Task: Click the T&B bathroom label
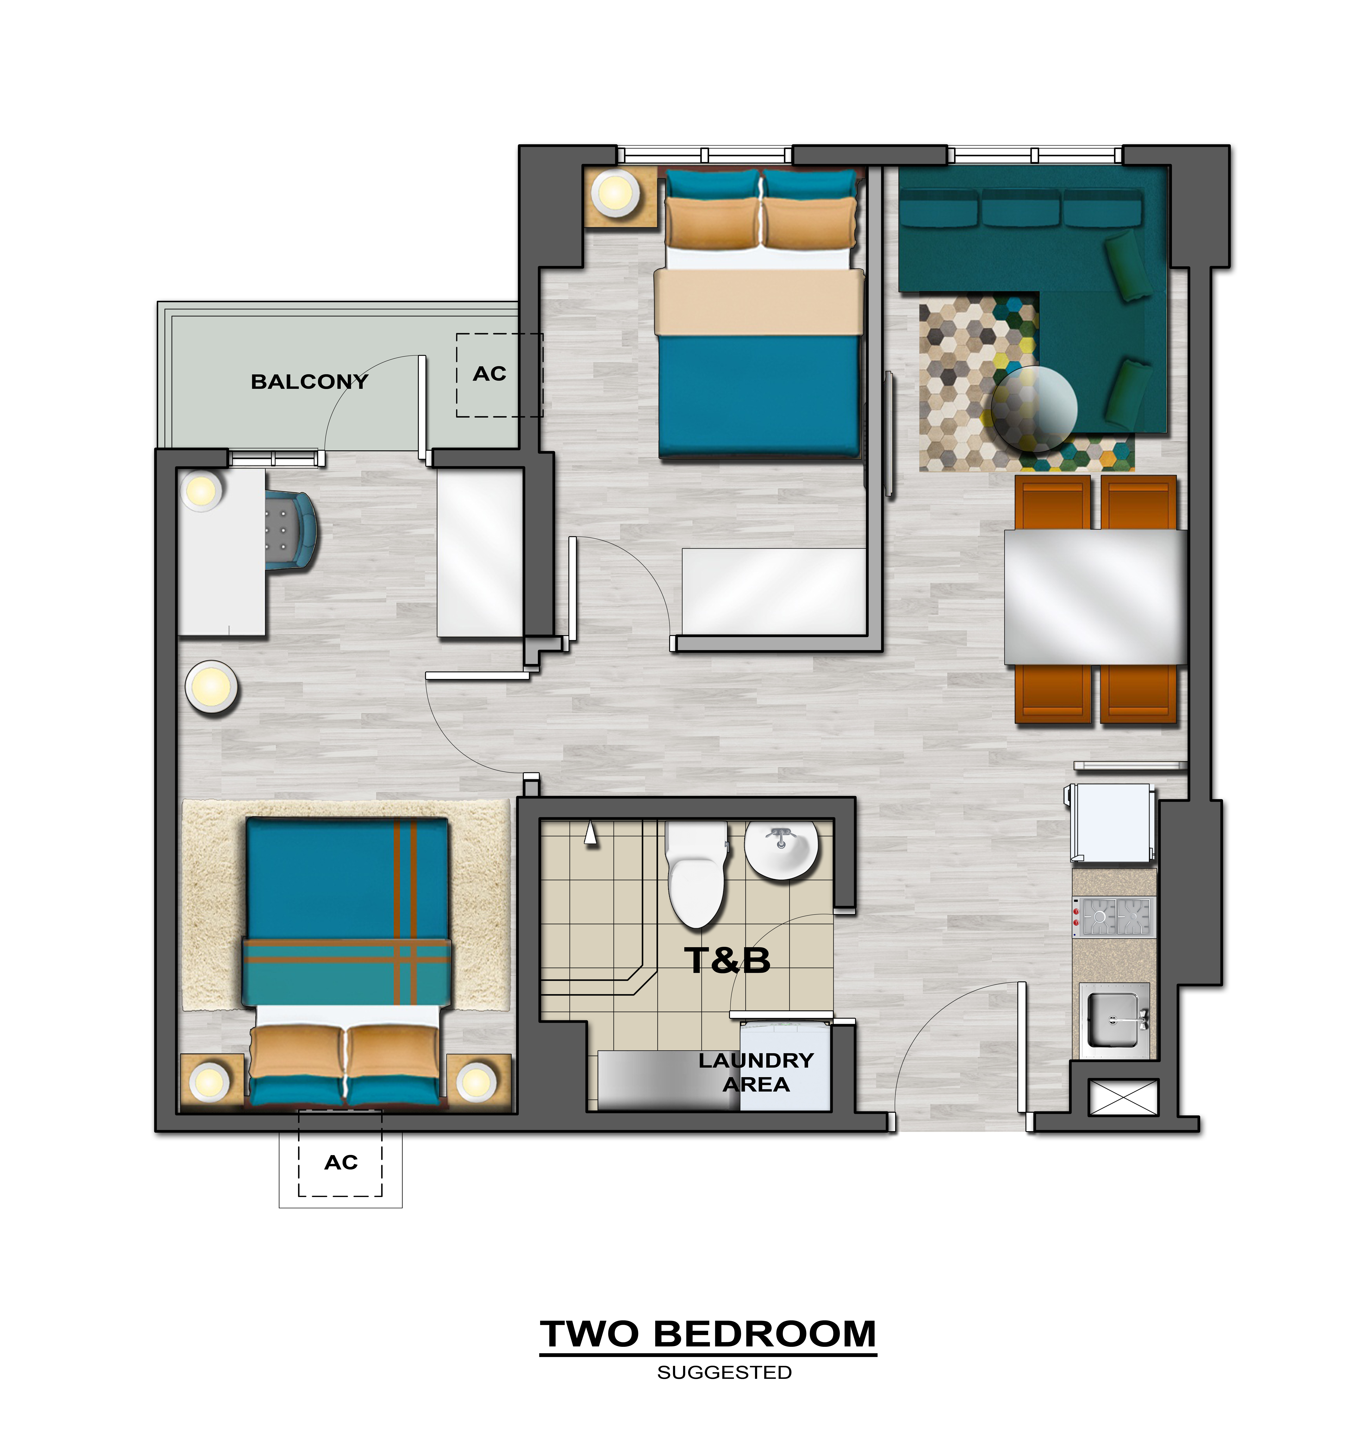[727, 960]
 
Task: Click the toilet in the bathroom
[697, 874]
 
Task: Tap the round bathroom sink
[781, 850]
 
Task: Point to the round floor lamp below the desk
[211, 686]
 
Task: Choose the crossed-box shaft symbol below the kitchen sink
[1123, 1097]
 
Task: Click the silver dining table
[1095, 597]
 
